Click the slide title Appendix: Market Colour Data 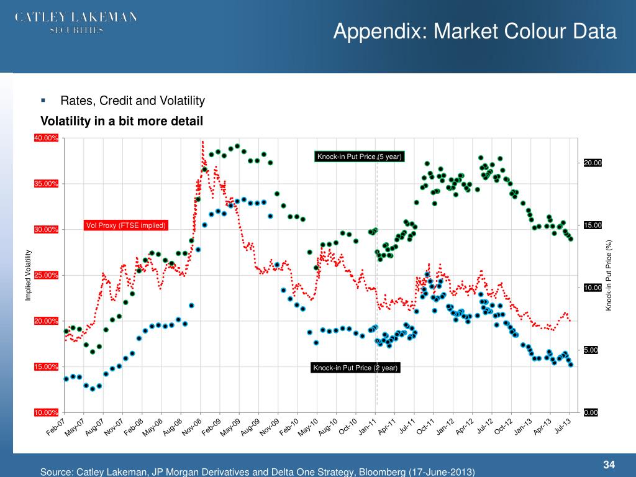pos(475,31)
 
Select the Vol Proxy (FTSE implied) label pos(126,225)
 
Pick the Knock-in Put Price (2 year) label pos(355,368)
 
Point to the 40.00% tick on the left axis pos(47,138)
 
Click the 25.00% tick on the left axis pos(47,275)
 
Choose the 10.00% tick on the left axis pos(47,412)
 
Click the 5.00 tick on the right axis pos(590,350)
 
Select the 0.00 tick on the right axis pos(590,412)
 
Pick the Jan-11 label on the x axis pos(368,427)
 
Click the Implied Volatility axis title pos(28,275)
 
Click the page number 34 pos(609,465)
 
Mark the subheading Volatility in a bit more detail pos(122,121)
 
